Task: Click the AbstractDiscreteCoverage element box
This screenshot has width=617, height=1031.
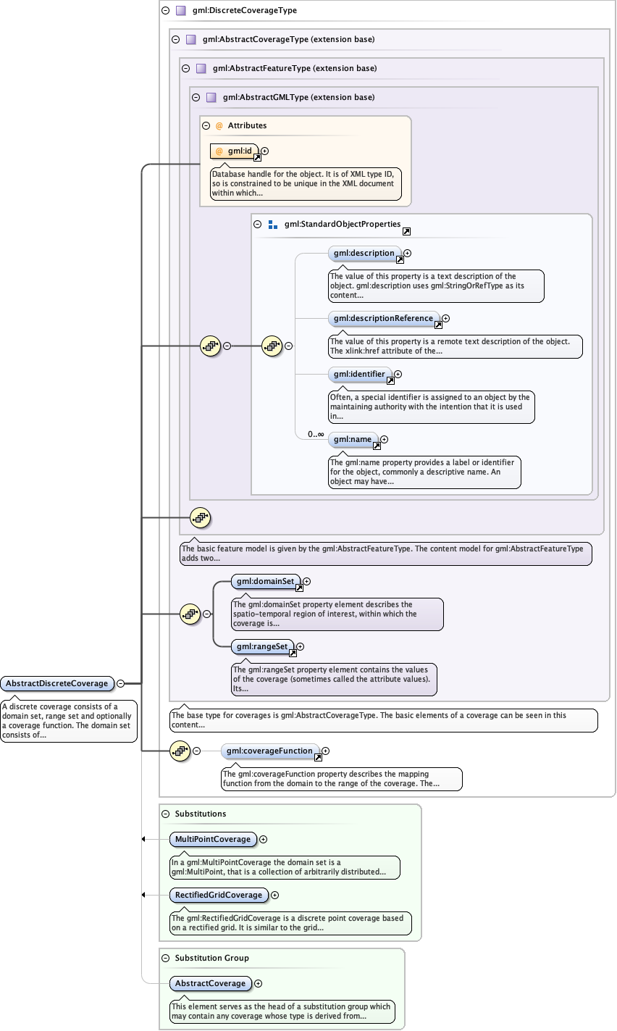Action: pos(57,683)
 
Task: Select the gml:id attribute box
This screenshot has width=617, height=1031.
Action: pos(233,151)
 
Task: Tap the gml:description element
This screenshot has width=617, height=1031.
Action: pos(364,254)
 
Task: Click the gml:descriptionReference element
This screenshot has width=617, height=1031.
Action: pos(383,318)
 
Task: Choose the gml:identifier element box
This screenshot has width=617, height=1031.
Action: pos(359,375)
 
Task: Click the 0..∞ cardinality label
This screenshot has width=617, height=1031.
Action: pos(316,434)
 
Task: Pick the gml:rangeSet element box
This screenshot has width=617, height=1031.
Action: pos(261,646)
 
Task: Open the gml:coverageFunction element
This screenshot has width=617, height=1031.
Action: pos(269,751)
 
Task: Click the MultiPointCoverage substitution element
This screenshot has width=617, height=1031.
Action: pos(213,839)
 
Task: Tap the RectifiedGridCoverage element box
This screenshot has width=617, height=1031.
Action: pos(219,895)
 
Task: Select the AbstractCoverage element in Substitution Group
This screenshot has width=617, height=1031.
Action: pos(210,983)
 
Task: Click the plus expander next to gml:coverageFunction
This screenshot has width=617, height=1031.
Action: pos(326,751)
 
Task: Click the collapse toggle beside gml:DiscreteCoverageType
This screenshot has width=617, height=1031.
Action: pos(166,11)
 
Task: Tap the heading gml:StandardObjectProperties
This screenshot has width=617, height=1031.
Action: pos(343,225)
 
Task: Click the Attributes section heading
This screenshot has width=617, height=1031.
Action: pos(247,125)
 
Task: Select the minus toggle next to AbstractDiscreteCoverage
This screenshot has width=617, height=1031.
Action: pos(121,683)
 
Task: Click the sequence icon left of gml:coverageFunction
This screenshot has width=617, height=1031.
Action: pos(180,751)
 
